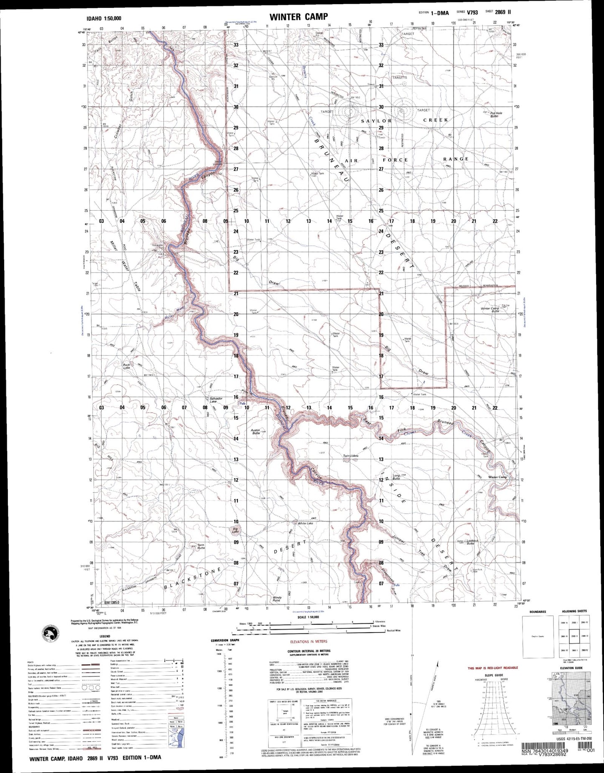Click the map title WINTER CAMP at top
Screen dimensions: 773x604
click(298, 17)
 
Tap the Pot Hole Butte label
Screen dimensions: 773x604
click(496, 114)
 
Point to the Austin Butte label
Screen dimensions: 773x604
click(256, 431)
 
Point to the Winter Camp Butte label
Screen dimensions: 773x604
click(490, 310)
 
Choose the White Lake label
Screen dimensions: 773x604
click(305, 523)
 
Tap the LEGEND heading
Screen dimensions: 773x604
click(105, 636)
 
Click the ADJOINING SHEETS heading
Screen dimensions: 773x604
click(574, 611)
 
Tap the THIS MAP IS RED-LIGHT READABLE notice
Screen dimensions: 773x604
click(492, 668)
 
